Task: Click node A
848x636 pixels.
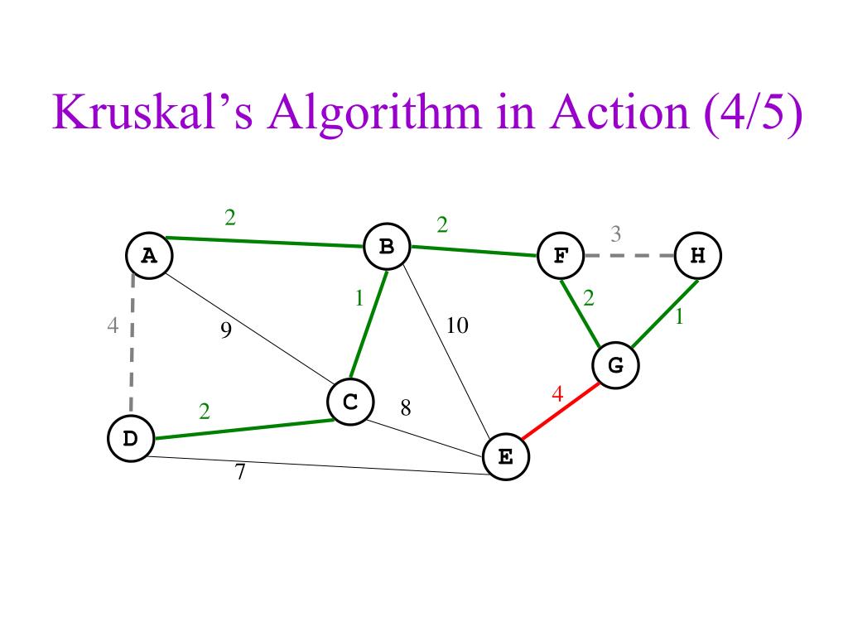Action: pos(149,256)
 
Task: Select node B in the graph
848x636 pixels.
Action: pos(387,246)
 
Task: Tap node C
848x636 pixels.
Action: pos(350,402)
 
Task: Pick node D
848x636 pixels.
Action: pos(131,438)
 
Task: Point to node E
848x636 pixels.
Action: pos(506,456)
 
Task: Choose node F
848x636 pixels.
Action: pos(561,255)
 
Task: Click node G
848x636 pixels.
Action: pos(616,364)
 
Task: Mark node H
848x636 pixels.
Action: pos(698,255)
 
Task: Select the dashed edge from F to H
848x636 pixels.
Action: pos(629,255)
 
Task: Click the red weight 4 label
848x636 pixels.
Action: pos(557,395)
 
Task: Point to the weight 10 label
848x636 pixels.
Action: pos(457,326)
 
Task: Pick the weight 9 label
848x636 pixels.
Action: pos(225,331)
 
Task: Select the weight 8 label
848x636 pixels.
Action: pos(406,407)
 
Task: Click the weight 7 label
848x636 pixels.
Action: pos(240,473)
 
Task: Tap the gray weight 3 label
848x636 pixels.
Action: pos(616,234)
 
